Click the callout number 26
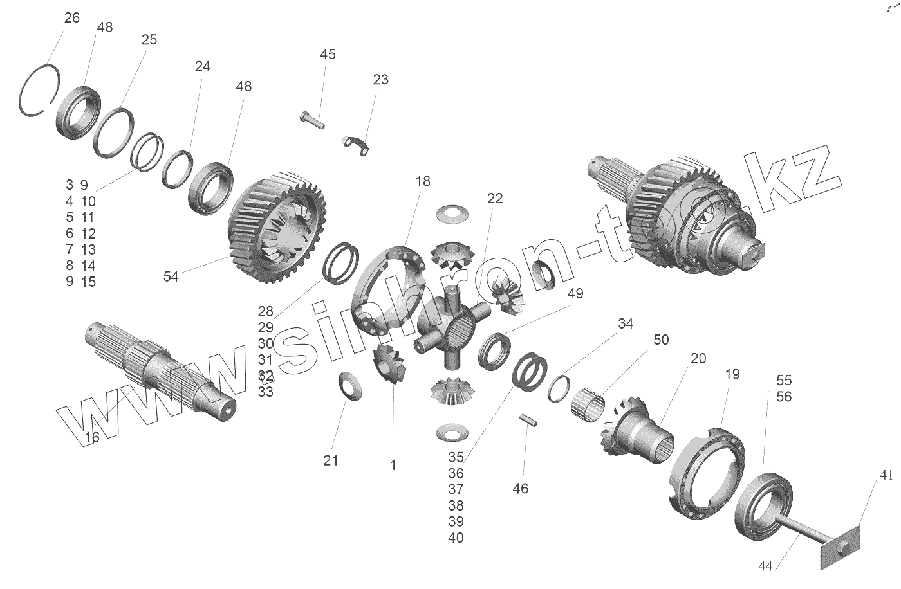pos(71,17)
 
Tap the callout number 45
pos(328,54)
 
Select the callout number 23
pos(380,80)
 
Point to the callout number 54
pos(171,276)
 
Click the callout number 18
pos(423,181)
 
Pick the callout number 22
pos(494,198)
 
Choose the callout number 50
pos(661,340)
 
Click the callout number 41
pos(887,476)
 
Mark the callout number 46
pos(520,489)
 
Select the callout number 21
pos(331,460)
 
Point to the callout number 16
pos(92,437)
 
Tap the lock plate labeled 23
pos(357,144)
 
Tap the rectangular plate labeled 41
pos(839,547)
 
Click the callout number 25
pos(149,40)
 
